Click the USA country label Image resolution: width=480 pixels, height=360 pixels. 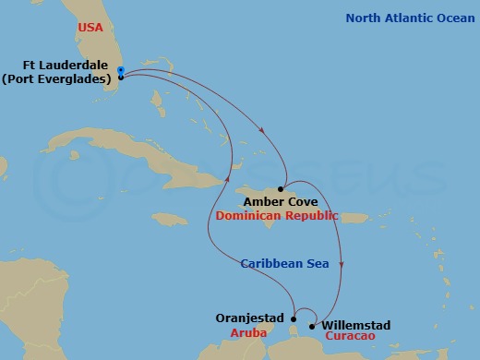pos(90,29)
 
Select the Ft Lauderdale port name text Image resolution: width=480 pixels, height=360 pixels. pos(61,66)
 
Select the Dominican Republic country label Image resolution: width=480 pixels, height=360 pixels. pos(277,215)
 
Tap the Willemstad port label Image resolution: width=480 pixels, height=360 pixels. pos(356,325)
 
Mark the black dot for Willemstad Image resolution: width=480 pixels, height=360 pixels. pos(313,326)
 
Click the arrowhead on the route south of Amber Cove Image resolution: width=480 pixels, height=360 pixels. pos(342,265)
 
